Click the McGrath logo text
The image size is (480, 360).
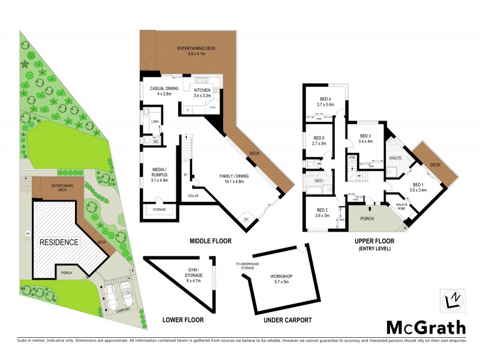click(425, 327)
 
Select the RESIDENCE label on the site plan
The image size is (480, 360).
click(59, 242)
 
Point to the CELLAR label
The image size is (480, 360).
click(193, 196)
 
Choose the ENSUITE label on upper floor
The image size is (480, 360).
click(395, 158)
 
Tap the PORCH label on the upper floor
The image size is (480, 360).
click(367, 218)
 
